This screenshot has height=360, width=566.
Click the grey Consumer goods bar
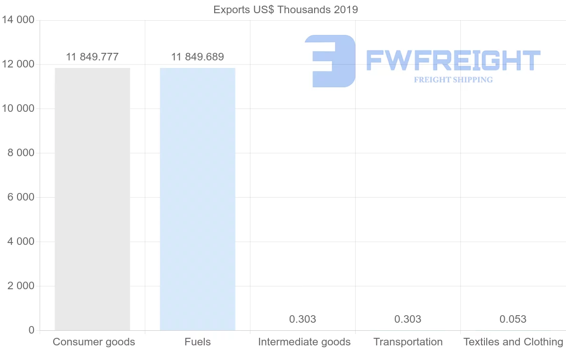coord(92,199)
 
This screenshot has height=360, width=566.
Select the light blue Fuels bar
coord(198,199)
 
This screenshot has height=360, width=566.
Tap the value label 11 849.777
coord(92,57)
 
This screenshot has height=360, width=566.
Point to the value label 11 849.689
coord(198,57)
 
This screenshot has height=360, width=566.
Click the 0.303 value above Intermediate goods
coord(303,319)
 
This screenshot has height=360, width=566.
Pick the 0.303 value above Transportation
coord(408,319)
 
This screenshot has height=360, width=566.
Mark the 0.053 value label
coord(513,319)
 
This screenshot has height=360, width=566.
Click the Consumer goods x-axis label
coord(94,342)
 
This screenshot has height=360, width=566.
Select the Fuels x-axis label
coord(198,342)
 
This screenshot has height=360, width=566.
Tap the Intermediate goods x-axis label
coord(304,342)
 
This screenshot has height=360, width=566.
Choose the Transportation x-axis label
coord(408,342)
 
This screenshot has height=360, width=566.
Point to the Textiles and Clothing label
coord(513,342)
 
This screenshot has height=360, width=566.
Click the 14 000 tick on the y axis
coord(18,20)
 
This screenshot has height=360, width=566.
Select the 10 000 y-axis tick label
coord(18,109)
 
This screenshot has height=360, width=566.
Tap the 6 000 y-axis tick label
coord(21,197)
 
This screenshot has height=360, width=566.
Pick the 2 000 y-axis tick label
coord(21,286)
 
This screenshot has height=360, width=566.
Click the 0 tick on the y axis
coord(32,330)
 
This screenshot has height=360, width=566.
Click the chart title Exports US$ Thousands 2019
coord(286,10)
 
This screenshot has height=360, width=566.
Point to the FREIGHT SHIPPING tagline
coord(453,80)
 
